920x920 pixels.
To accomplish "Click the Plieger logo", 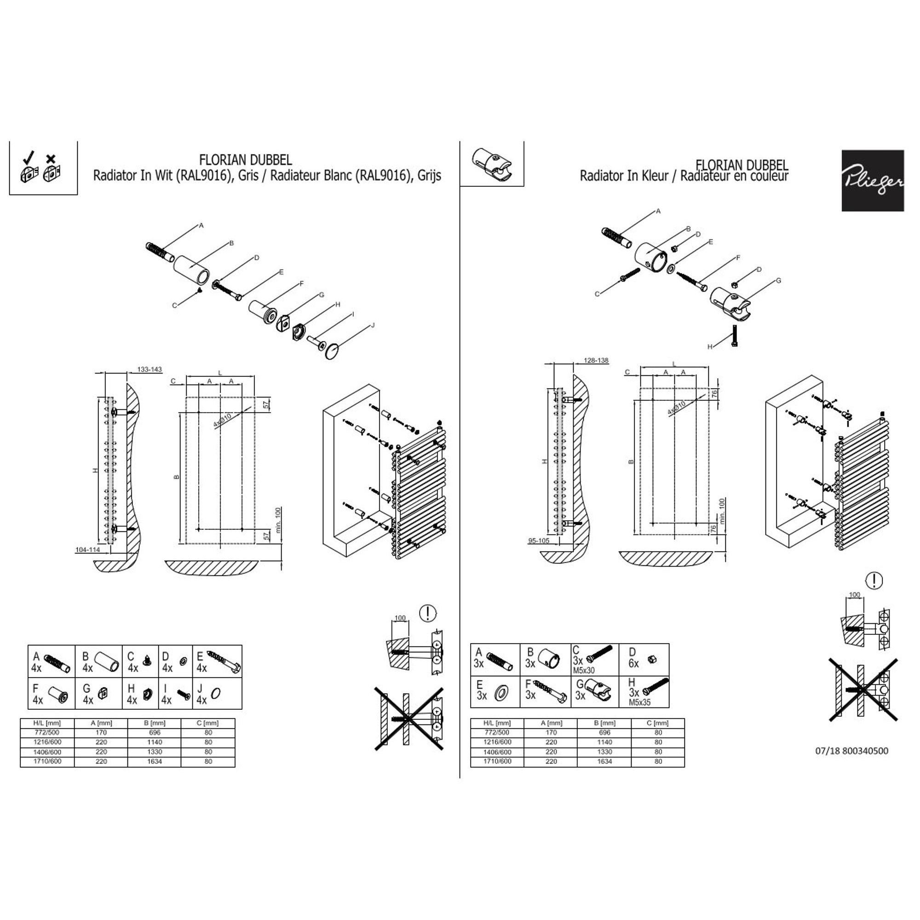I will pyautogui.click(x=872, y=180).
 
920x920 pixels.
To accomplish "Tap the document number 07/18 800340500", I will pyautogui.click(x=851, y=751).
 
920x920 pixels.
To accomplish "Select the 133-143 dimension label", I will pyautogui.click(x=149, y=369).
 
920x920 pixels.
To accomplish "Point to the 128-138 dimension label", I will pyautogui.click(x=596, y=361).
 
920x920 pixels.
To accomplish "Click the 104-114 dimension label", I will pyautogui.click(x=87, y=550).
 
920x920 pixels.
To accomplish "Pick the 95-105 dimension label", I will pyautogui.click(x=538, y=540).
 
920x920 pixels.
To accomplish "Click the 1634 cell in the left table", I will pyautogui.click(x=154, y=761).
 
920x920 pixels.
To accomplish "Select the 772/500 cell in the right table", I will pyautogui.click(x=497, y=732).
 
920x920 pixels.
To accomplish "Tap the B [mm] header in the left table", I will pyautogui.click(x=154, y=723).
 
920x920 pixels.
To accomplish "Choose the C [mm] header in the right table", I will pyautogui.click(x=658, y=723).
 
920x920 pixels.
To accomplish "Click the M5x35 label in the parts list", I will pyautogui.click(x=639, y=702).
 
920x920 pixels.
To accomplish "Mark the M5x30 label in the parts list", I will pyautogui.click(x=584, y=670).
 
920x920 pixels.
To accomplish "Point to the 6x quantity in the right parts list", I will pyautogui.click(x=633, y=663).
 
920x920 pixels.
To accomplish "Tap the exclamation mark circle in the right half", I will pyautogui.click(x=874, y=581).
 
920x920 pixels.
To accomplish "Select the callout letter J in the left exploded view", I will pyautogui.click(x=373, y=325).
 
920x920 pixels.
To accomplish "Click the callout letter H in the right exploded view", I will pyautogui.click(x=709, y=347).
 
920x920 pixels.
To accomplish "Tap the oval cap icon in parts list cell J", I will pyautogui.click(x=215, y=693).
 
